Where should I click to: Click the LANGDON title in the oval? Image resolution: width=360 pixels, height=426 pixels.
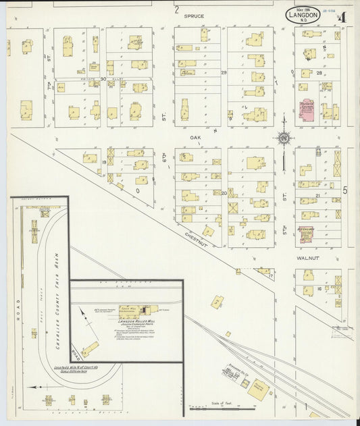coord(298,14)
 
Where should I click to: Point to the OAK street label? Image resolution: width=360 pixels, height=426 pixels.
coord(195,138)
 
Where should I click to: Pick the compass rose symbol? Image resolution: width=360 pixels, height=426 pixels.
coord(284,138)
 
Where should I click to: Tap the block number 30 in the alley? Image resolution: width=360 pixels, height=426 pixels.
coord(103,79)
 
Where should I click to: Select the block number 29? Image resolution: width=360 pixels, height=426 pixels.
coord(224,72)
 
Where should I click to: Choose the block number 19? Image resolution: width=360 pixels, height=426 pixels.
coord(104,163)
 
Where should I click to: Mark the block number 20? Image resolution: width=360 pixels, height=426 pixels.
coord(224,192)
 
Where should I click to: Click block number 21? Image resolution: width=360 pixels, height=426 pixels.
coord(317,195)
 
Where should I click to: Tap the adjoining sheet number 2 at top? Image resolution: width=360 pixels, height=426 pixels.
coord(176,9)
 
